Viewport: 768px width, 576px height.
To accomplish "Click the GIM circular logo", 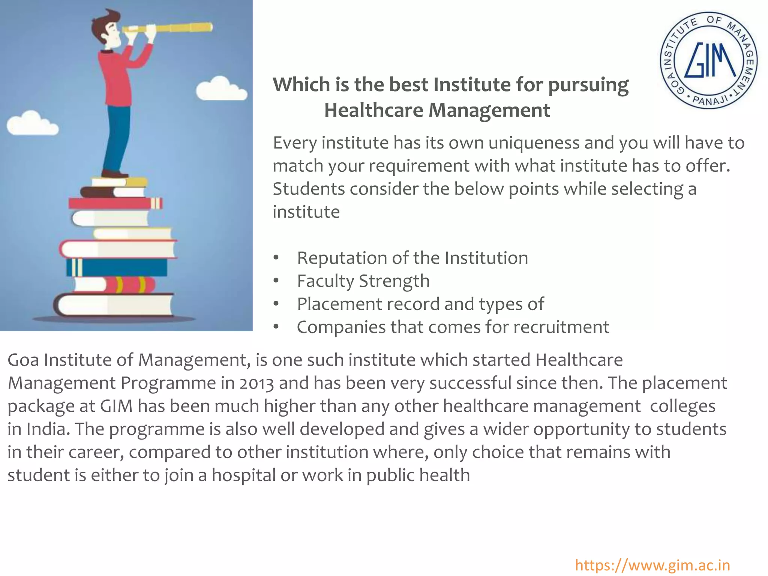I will pos(708,60).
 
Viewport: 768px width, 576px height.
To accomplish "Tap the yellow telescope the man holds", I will pos(176,27).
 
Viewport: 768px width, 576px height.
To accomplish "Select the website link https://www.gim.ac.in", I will pos(652,565).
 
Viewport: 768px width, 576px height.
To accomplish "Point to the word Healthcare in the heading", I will pos(373,111).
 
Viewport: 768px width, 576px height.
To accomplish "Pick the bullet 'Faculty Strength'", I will pos(363,281).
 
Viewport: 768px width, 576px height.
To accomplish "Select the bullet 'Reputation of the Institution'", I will pos(412,258).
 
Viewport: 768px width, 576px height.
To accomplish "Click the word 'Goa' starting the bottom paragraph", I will pos(23,360).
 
